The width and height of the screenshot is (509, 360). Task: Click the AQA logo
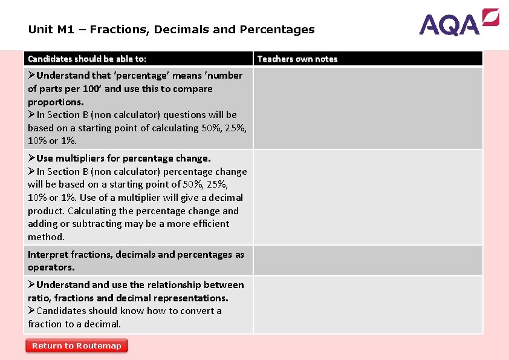pyautogui.click(x=459, y=22)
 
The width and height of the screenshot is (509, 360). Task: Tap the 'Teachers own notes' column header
pyautogui.click(x=297, y=59)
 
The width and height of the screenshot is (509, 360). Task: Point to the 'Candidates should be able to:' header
pyautogui.click(x=87, y=59)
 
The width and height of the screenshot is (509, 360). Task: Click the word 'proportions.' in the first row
pyautogui.click(x=56, y=102)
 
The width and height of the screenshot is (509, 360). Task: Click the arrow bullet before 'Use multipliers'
pyautogui.click(x=31, y=159)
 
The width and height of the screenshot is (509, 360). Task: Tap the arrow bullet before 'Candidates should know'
pyautogui.click(x=31, y=311)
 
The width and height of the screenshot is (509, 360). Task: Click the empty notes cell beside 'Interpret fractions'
pyautogui.click(x=368, y=261)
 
